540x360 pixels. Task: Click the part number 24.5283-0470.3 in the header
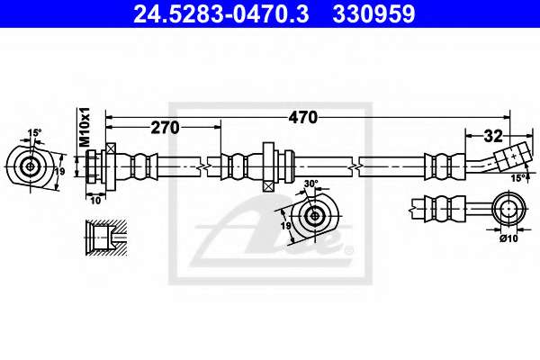[221, 14]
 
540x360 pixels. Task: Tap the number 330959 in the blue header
[373, 14]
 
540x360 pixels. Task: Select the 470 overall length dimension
[302, 118]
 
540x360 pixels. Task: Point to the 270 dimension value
[165, 128]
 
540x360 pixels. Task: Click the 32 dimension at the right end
[493, 137]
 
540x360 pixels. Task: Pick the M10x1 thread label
[85, 127]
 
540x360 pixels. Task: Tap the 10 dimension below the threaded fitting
[95, 201]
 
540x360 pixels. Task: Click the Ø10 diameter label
[508, 238]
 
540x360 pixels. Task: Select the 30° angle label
[311, 184]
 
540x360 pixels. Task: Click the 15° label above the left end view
[34, 132]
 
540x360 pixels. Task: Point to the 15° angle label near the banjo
[518, 178]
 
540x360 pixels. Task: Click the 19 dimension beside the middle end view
[285, 226]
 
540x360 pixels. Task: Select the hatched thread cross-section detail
[106, 237]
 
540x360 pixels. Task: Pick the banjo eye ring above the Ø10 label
[509, 209]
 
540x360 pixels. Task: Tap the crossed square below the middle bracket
[267, 186]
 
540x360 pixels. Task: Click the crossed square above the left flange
[111, 148]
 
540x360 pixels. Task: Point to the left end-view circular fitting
[31, 166]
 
